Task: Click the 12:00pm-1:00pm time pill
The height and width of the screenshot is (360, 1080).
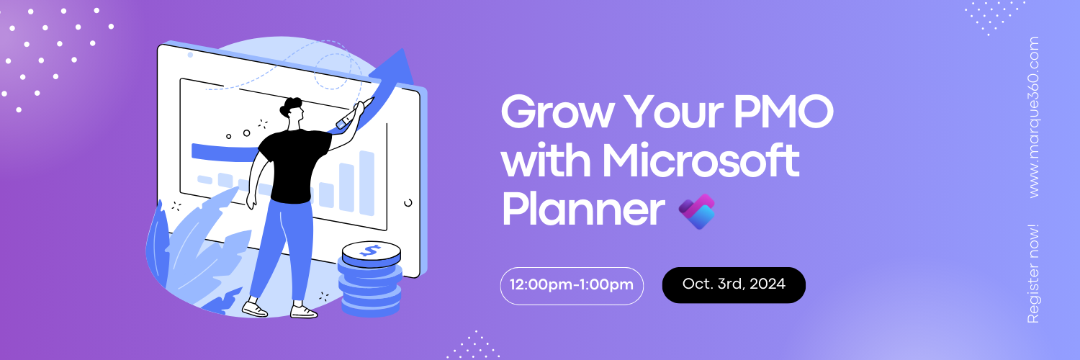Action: (x=572, y=285)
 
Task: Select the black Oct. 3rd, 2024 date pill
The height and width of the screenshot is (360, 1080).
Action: (x=733, y=284)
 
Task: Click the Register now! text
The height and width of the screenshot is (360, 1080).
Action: (x=1034, y=274)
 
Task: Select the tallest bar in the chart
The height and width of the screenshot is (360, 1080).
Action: (x=367, y=183)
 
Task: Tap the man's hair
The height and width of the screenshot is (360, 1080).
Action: (x=291, y=107)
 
